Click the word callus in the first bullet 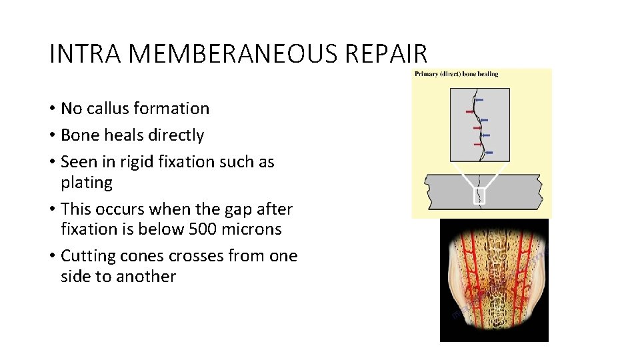pyautogui.click(x=107, y=109)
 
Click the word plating pyautogui.click(x=87, y=183)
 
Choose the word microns pyautogui.click(x=255, y=229)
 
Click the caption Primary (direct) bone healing pyautogui.click(x=456, y=74)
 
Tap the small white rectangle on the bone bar pyautogui.click(x=479, y=196)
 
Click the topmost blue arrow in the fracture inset pyautogui.click(x=479, y=99)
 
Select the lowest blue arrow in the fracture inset pyautogui.click(x=489, y=153)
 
